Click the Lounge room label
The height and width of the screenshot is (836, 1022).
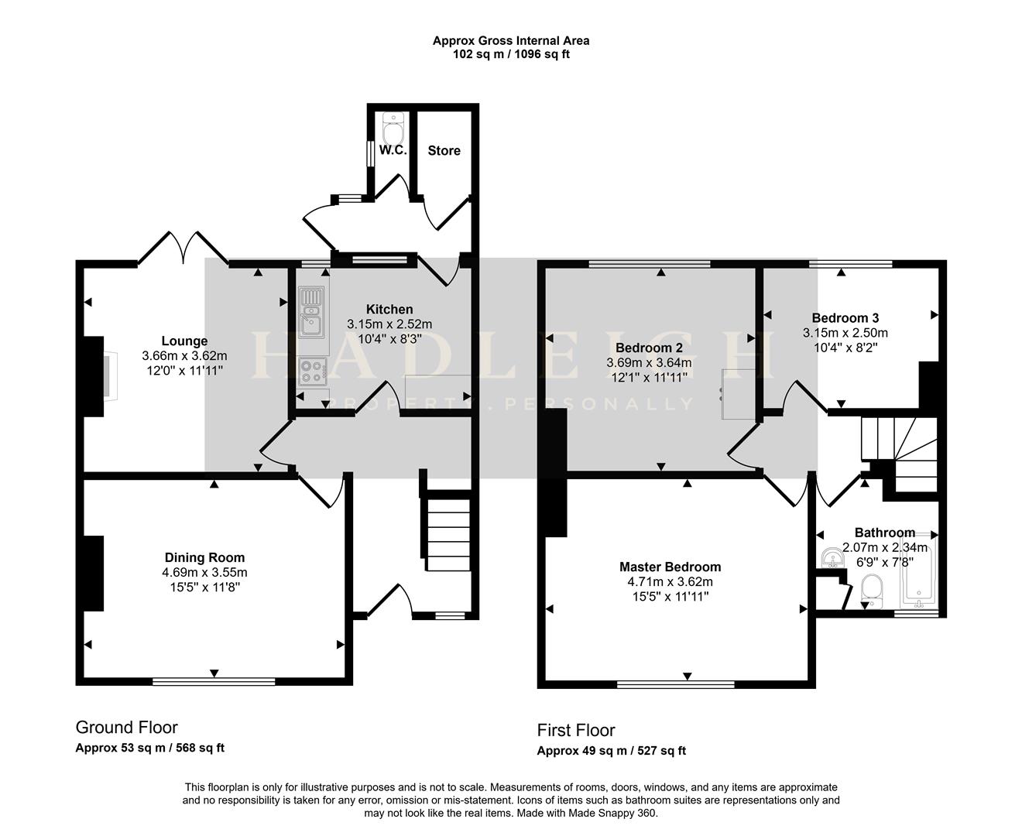184,341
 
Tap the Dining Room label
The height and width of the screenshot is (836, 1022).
204,557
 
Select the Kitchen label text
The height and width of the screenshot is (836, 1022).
389,309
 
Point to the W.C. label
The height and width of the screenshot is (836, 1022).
393,150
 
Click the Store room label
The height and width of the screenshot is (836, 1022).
444,151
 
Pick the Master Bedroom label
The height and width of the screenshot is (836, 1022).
670,567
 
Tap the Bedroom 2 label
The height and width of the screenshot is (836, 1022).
649,348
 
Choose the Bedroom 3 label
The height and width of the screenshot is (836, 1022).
845,318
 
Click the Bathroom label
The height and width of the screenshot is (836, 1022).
885,533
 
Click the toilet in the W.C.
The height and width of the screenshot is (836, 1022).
393,127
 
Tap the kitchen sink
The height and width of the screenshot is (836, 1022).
311,312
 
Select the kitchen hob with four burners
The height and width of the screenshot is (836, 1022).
313,372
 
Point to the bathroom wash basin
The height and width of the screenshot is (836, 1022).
833,558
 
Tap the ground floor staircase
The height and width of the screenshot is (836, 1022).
448,533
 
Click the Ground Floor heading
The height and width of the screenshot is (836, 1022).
127,727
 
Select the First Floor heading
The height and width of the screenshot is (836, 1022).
576,730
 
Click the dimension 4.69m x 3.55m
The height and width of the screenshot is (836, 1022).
204,572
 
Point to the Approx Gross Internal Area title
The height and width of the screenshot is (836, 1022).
511,41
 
